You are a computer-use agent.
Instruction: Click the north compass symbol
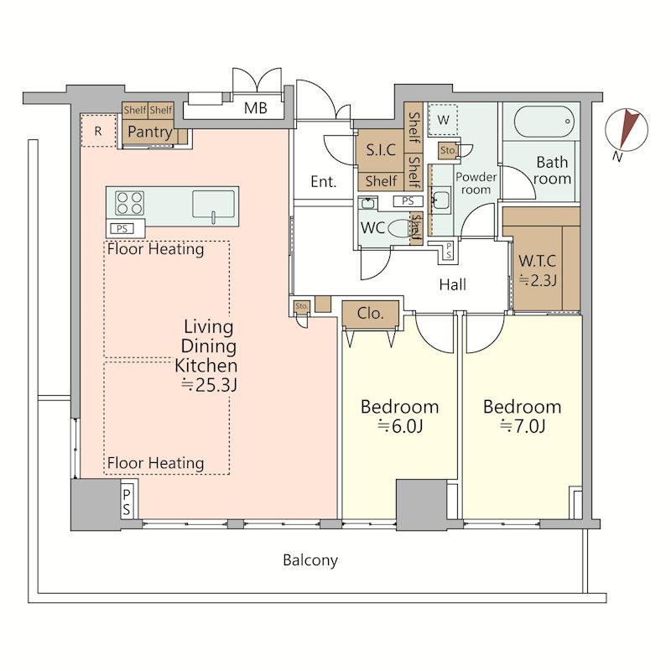coord(626,130)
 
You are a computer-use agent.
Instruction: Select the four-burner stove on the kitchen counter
coord(129,203)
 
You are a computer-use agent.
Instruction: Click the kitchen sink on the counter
coord(214,205)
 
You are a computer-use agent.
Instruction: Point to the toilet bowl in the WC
coord(399,228)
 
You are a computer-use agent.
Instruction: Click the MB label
coord(256,108)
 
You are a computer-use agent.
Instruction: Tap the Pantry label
coord(150,133)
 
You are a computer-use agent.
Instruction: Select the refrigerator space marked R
coord(98,131)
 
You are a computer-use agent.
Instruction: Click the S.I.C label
coord(381,150)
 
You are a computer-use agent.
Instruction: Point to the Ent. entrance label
coord(324,182)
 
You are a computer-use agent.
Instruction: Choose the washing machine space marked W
coord(444,120)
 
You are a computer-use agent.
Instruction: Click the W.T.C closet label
coord(538,261)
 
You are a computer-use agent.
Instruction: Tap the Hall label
coord(452,284)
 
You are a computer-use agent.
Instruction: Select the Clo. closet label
coord(370,314)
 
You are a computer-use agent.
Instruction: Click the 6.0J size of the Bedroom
coord(400,427)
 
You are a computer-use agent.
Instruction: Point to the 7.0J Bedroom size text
coord(523,427)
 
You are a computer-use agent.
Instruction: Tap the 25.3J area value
coord(209,386)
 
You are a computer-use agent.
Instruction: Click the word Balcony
coord(310,560)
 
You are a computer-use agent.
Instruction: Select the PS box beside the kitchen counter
coord(122,228)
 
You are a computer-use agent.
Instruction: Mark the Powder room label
coord(476,183)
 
